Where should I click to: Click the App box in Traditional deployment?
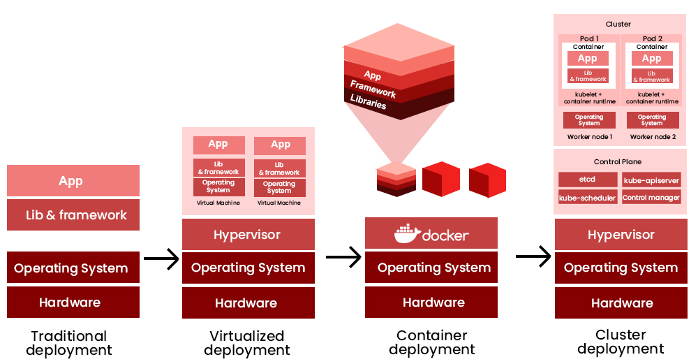click(x=73, y=181)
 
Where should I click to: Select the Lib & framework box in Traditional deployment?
click(x=73, y=215)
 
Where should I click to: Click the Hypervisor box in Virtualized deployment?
click(x=247, y=235)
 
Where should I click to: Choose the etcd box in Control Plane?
click(x=588, y=180)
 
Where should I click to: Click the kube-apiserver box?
click(x=651, y=180)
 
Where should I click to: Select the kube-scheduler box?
click(x=588, y=198)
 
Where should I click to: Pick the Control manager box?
click(x=651, y=198)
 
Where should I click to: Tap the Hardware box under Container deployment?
click(x=433, y=303)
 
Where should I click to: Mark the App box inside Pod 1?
click(x=588, y=59)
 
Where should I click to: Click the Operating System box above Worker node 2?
click(x=652, y=120)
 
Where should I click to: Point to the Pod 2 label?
click(x=652, y=38)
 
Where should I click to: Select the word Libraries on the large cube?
click(x=369, y=102)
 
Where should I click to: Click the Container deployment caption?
click(x=432, y=342)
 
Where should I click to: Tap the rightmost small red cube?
click(x=487, y=180)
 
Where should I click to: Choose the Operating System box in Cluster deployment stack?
click(x=621, y=268)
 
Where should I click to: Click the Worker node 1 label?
click(x=589, y=137)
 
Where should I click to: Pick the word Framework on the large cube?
click(x=373, y=89)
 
